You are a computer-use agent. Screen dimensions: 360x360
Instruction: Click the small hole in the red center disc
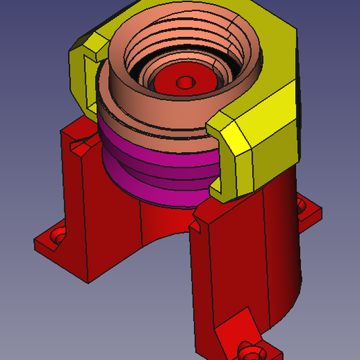pos(185,82)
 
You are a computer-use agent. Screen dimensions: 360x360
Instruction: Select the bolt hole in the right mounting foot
pos(302,206)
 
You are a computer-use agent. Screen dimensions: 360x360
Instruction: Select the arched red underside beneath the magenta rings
pos(164,223)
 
